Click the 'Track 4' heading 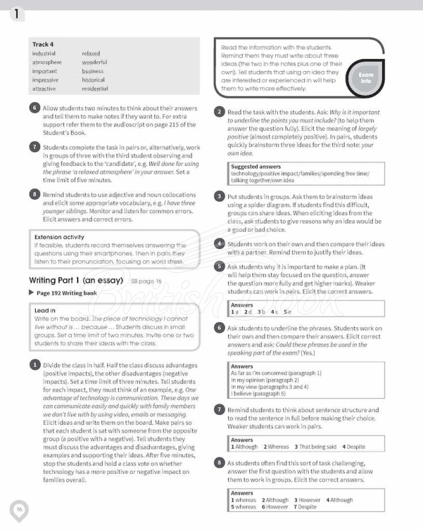[43, 44]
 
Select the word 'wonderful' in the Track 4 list [94, 62]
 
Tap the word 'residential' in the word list [95, 88]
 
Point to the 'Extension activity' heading [59, 236]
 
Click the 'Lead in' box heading [44, 310]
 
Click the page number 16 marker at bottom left [19, 509]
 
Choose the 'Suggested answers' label [256, 167]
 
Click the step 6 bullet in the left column [34, 108]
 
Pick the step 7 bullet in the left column [34, 147]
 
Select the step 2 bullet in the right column [219, 112]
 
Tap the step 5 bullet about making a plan [219, 265]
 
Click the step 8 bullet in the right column [219, 462]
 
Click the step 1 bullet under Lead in [34, 365]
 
